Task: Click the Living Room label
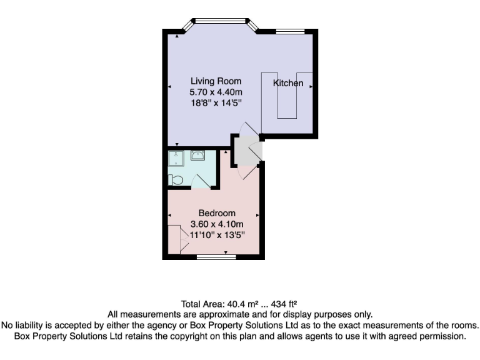point(216,81)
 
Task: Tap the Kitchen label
point(288,83)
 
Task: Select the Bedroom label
point(217,213)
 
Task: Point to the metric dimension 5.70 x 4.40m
point(216,92)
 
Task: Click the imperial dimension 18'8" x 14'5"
point(216,104)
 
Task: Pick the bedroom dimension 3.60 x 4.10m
point(217,224)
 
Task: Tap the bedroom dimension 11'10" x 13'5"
point(217,235)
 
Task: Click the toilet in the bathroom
point(176,180)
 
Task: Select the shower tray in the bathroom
point(177,158)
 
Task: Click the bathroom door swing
point(201,181)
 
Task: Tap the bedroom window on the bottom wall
point(216,256)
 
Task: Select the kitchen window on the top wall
point(290,31)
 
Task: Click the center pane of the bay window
point(219,20)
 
